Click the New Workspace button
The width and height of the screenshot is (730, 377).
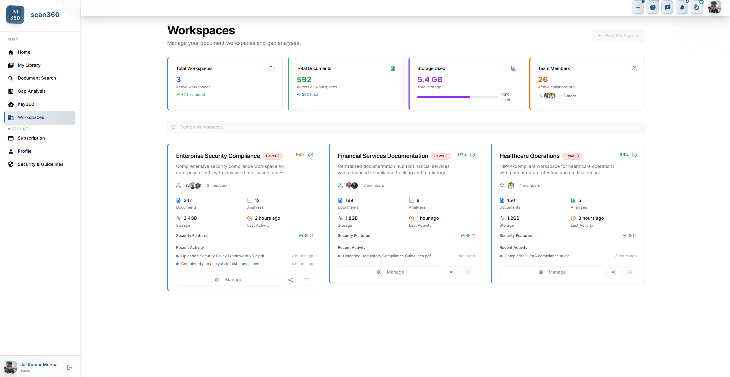pos(618,36)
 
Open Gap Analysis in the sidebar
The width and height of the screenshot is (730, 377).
pos(32,91)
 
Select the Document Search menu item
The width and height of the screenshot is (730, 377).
pos(37,78)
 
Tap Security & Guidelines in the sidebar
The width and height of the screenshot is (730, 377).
pos(40,164)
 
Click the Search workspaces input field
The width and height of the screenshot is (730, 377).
pos(406,127)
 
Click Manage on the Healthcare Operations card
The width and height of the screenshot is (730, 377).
pos(552,272)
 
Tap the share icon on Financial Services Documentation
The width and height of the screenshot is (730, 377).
pos(452,272)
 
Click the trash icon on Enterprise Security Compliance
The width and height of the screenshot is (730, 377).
pos(306,280)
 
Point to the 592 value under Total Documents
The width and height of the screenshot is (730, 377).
pos(304,80)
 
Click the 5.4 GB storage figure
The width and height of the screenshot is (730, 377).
pos(429,80)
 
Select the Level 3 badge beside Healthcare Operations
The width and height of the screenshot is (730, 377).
pos(572,156)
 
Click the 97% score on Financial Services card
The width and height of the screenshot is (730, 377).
pos(462,155)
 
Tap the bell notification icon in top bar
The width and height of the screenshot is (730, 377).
pos(682,8)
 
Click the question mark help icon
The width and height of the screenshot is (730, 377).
pos(653,8)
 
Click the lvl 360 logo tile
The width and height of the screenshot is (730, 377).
pos(15,15)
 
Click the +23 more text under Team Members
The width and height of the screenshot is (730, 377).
pos(567,96)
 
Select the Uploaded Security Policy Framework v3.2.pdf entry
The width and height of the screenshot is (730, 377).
pos(223,256)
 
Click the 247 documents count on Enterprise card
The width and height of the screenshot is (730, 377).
pos(188,200)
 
